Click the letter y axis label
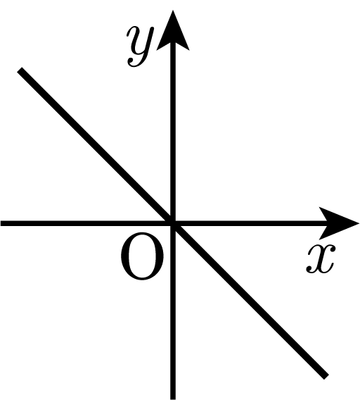point(140,46)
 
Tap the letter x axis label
point(321,258)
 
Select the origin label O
point(142,256)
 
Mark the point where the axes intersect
point(173,223)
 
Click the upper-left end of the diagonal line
point(20,70)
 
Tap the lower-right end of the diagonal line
point(326,377)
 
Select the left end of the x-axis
point(1,223)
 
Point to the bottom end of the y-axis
point(173,399)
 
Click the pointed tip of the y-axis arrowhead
point(173,10)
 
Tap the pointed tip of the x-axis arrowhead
point(359,223)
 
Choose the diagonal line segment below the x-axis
point(250,300)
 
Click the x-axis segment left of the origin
point(85,223)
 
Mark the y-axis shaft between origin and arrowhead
point(173,132)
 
